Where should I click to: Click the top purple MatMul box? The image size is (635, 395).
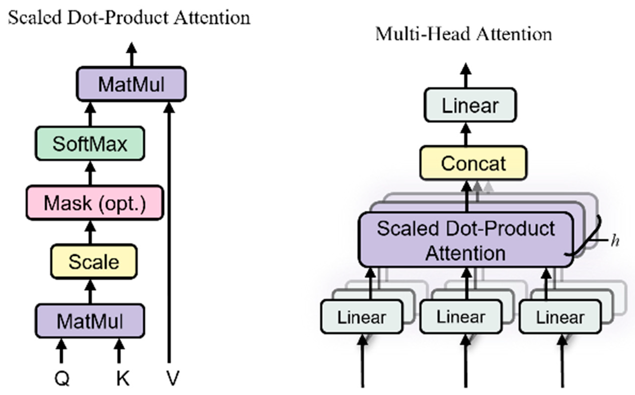tap(131, 84)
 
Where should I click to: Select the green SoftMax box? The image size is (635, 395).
tap(90, 143)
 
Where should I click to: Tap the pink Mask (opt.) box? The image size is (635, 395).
tap(95, 203)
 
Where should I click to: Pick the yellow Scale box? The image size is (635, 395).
tap(94, 262)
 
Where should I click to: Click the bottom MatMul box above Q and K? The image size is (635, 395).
tap(90, 321)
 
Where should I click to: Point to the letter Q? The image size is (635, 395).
tap(62, 378)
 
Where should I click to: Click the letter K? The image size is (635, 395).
tap(123, 378)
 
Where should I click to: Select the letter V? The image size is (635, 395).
tap(173, 378)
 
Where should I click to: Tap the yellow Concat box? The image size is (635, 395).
tap(473, 163)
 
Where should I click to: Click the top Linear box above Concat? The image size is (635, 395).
tap(470, 105)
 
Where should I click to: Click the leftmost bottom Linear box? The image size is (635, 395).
tap(362, 317)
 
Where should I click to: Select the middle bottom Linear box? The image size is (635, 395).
tap(461, 317)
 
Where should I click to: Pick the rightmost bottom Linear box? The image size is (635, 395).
tap(560, 317)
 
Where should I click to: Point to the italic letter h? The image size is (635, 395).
tap(615, 241)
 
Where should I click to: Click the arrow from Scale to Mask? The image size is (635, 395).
tap(90, 232)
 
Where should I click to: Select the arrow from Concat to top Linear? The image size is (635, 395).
tap(466, 135)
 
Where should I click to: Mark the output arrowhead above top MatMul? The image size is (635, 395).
tap(132, 48)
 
